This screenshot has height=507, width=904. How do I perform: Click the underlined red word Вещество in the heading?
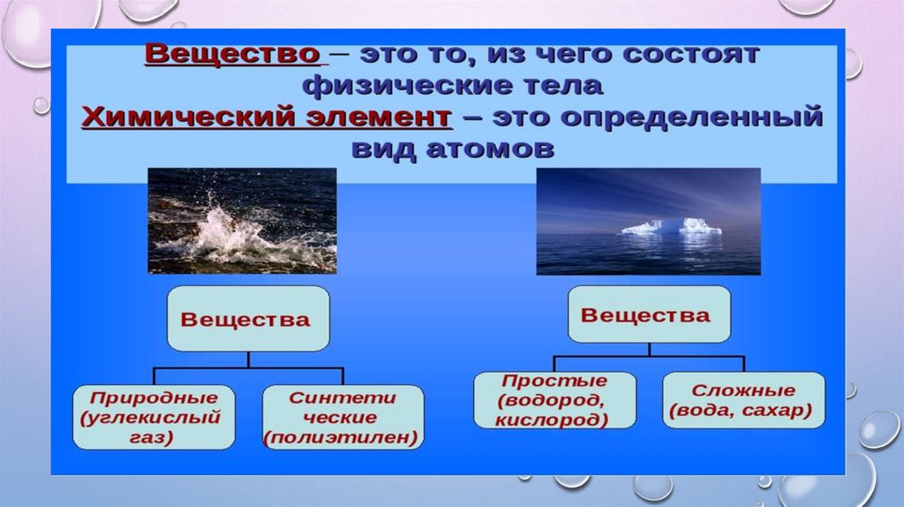[x=232, y=54]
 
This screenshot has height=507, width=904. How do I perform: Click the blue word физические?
[x=399, y=86]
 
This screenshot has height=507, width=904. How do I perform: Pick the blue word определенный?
[x=691, y=117]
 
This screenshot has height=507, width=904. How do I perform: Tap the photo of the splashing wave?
[x=242, y=221]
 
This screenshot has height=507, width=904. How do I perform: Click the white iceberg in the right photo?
[x=671, y=226]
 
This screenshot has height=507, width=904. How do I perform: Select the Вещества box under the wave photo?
[x=248, y=318]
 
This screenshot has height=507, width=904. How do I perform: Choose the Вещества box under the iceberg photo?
[x=649, y=314]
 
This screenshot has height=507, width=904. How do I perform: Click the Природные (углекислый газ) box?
[x=154, y=417]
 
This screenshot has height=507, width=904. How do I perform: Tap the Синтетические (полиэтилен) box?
[x=343, y=417]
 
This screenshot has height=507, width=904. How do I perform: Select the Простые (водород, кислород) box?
[x=554, y=400]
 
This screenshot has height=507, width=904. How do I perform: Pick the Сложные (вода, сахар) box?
[x=743, y=400]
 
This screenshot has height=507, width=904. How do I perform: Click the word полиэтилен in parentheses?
[x=341, y=437]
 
